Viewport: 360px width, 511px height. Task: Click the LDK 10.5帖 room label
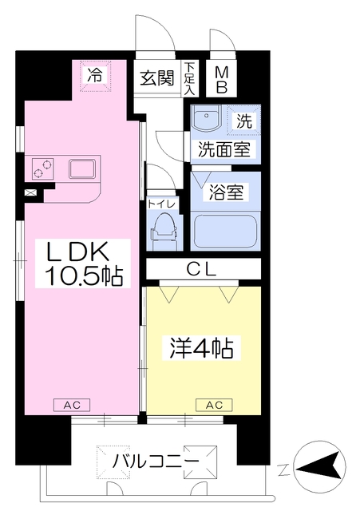click(x=83, y=263)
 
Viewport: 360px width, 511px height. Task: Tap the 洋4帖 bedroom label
click(x=201, y=348)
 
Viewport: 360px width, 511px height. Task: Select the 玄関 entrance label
click(x=157, y=78)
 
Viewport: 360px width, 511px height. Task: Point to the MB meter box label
click(x=221, y=80)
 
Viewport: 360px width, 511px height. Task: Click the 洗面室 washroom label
click(x=224, y=149)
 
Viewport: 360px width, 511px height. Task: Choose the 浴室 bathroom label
click(x=226, y=192)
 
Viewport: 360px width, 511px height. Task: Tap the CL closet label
click(x=202, y=270)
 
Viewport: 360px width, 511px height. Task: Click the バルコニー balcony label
click(x=156, y=461)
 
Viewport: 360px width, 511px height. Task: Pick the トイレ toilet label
click(x=161, y=204)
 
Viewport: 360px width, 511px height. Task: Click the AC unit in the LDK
click(x=72, y=405)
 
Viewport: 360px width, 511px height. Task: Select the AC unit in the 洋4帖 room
click(x=214, y=405)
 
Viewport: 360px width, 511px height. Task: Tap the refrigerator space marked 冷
click(x=96, y=77)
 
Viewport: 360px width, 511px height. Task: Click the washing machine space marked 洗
click(x=244, y=121)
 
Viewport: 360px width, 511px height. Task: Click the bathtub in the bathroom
click(x=226, y=231)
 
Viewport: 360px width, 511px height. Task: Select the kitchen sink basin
click(x=81, y=168)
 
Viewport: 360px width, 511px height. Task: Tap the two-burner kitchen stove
click(x=42, y=168)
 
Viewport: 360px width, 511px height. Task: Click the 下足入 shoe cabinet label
click(x=189, y=79)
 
